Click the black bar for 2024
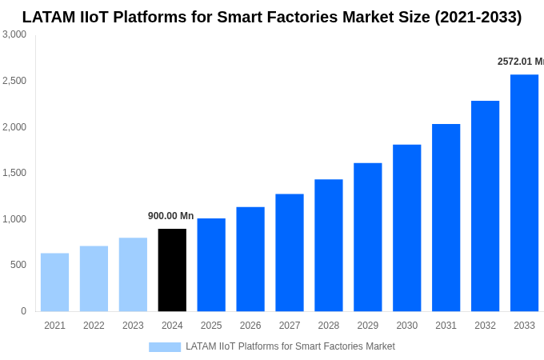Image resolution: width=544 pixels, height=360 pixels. click(x=172, y=270)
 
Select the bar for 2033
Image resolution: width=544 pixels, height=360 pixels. click(x=524, y=193)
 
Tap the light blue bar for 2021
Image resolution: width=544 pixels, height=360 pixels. click(x=54, y=282)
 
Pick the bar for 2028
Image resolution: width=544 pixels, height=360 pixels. click(x=329, y=246)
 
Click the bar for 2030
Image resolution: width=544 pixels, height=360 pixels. click(x=406, y=228)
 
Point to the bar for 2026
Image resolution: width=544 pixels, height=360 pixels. click(x=250, y=259)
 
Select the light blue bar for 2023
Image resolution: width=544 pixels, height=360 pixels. click(x=133, y=274)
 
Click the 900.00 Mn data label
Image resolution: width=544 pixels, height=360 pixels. click(x=170, y=216)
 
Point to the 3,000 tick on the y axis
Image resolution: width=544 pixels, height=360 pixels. click(x=14, y=34)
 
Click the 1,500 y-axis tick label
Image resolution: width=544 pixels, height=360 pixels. click(x=14, y=173)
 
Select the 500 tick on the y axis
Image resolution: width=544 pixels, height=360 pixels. click(x=18, y=265)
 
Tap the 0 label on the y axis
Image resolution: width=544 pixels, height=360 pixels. click(x=23, y=311)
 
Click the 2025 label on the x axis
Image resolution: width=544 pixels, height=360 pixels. click(x=211, y=326)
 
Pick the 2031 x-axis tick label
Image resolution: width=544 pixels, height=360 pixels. click(x=446, y=326)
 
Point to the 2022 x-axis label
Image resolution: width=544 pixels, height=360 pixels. click(x=94, y=326)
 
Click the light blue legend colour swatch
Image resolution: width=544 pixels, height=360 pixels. click(x=165, y=346)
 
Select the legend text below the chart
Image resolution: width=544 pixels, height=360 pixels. click(x=290, y=346)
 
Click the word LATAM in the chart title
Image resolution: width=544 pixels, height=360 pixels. click(x=49, y=17)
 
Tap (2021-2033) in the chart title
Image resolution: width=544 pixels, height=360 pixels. click(x=478, y=17)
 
